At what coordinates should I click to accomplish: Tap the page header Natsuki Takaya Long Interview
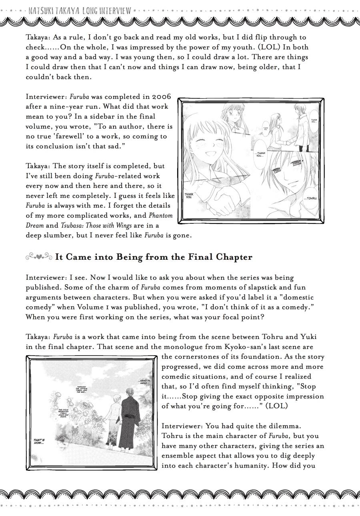click(80, 10)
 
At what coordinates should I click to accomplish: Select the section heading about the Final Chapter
click(154, 257)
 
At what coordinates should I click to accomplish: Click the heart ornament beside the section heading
click(39, 257)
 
